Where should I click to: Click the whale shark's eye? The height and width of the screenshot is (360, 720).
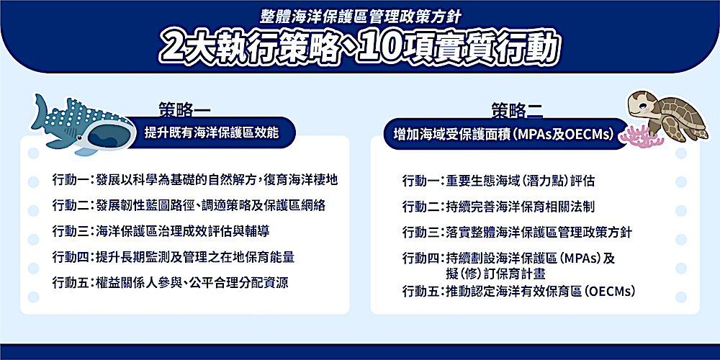81,138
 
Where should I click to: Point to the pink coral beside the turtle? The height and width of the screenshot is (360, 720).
642,136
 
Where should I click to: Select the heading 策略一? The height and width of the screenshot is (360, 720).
184,110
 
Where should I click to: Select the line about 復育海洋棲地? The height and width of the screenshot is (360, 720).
195,180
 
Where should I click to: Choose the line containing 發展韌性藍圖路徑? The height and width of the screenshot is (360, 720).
189,205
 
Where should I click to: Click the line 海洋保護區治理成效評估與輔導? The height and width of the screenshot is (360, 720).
161,231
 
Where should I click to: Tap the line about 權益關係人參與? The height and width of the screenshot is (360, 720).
171,282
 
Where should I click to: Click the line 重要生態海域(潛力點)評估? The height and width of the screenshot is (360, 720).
498,181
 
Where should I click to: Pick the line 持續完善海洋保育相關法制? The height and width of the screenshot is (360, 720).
498,207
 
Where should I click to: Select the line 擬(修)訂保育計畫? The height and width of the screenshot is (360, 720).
495,274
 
